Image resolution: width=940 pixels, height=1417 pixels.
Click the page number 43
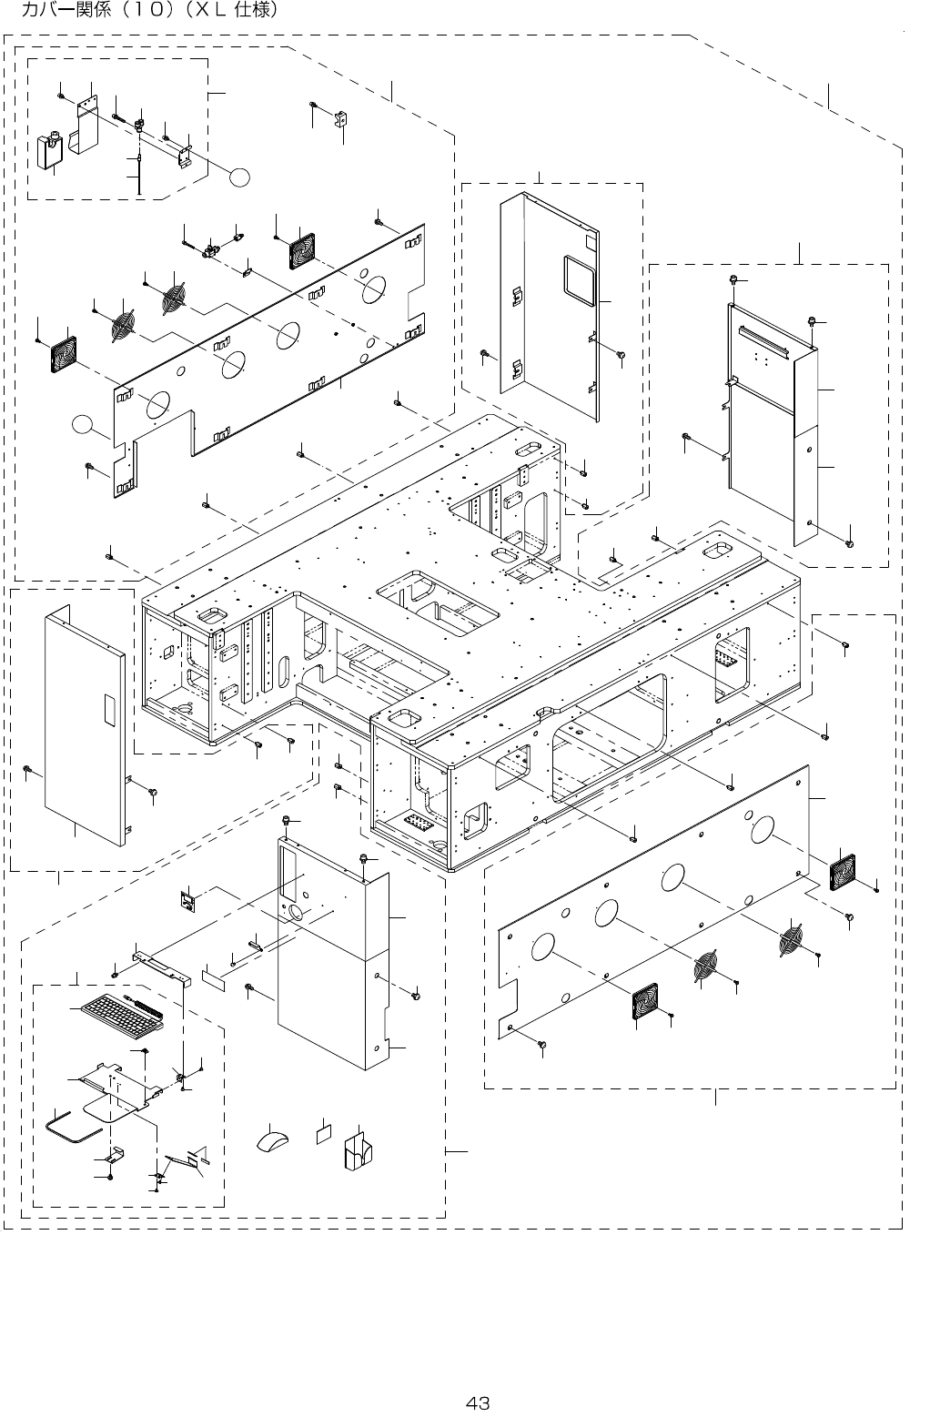tap(478, 1402)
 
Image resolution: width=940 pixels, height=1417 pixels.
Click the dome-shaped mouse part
tap(272, 1139)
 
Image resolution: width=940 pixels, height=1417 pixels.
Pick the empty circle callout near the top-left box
tap(239, 178)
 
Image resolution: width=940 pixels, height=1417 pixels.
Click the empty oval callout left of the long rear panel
tap(82, 424)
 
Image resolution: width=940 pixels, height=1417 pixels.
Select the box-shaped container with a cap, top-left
tap(49, 150)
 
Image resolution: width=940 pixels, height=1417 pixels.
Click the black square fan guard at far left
tap(64, 354)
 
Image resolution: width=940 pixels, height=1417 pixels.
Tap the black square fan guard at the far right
tap(843, 873)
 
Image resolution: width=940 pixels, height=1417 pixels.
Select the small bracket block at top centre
tap(342, 118)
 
